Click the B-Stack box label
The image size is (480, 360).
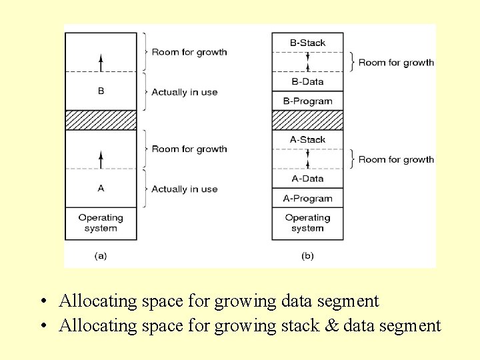coord(307,43)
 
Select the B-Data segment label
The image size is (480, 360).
coord(307,81)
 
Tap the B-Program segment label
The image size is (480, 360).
coord(307,101)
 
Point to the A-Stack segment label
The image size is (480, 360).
coord(307,139)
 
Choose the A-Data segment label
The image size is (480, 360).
coord(307,179)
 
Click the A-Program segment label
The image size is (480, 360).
coord(307,198)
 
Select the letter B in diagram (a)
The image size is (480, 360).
coord(101,91)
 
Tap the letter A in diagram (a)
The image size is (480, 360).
coord(101,188)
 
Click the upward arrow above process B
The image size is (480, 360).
coord(101,63)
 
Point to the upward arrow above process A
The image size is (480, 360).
coord(101,159)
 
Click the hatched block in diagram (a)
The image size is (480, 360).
coord(101,120)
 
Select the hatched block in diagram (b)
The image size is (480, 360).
coord(307,120)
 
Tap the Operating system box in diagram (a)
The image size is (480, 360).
coord(101,223)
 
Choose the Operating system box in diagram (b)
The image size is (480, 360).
coord(307,223)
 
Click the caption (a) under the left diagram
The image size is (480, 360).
coord(101,255)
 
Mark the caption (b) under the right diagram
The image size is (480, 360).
coord(307,255)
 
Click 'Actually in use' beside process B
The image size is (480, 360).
coord(185,92)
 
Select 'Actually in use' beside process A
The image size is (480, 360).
coord(185,189)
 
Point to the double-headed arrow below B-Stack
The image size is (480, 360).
coord(307,62)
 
